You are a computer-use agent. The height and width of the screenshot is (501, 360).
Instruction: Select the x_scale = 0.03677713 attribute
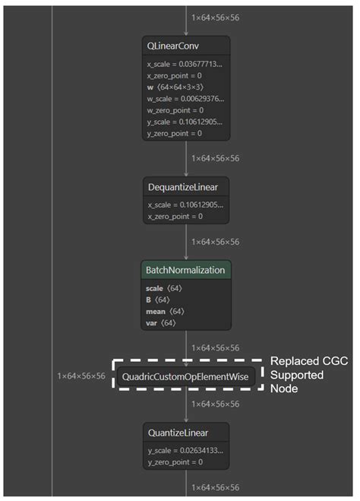coord(185,65)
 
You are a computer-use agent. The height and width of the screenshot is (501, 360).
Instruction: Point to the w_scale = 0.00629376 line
coord(185,98)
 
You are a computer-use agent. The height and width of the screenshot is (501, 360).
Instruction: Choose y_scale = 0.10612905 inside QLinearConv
coord(185,122)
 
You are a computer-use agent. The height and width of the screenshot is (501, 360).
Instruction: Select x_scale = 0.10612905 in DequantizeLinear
coord(185,205)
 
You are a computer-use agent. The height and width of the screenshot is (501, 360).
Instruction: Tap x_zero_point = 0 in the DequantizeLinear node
coord(175,216)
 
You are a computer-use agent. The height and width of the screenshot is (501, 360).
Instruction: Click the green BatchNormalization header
coord(186,271)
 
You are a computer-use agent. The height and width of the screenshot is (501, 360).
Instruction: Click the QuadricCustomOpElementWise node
coord(186,376)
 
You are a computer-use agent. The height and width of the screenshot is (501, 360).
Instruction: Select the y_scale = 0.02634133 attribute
coord(185,450)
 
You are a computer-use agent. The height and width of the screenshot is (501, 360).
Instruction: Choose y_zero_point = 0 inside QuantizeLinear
coord(175,461)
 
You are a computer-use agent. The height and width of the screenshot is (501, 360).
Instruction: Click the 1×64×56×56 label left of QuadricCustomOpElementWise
coord(81,376)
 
